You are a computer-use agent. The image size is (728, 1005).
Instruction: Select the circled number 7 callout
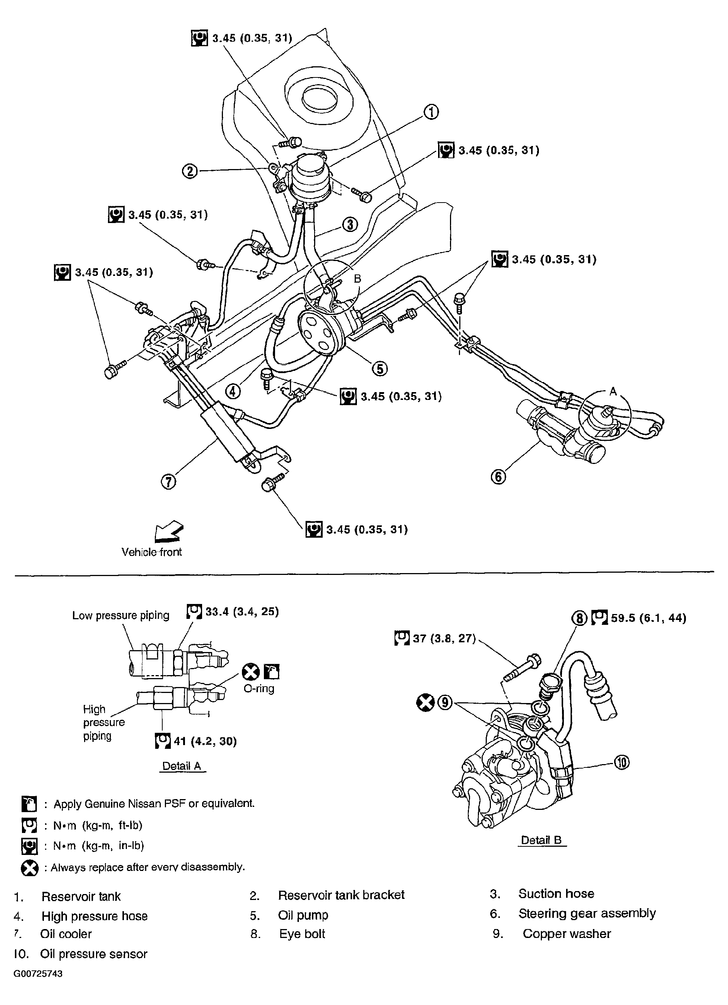(x=168, y=481)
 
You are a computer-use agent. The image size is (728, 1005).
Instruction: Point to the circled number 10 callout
(x=622, y=762)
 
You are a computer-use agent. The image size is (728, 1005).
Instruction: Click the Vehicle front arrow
(x=169, y=531)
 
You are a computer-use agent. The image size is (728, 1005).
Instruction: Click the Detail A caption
(x=182, y=766)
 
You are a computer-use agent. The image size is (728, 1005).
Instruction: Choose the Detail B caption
(x=541, y=840)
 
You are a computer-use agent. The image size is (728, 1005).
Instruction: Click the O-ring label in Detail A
(x=259, y=688)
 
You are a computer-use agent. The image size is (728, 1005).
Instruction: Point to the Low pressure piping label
(x=121, y=615)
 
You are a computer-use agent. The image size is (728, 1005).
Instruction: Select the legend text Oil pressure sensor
(x=93, y=954)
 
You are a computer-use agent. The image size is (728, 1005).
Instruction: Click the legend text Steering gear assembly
(x=587, y=913)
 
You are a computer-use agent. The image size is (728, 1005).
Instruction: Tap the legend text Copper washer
(x=566, y=933)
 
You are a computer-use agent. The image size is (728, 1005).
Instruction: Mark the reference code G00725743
(x=38, y=974)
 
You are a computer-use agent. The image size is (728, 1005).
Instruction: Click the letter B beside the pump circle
(x=357, y=279)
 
